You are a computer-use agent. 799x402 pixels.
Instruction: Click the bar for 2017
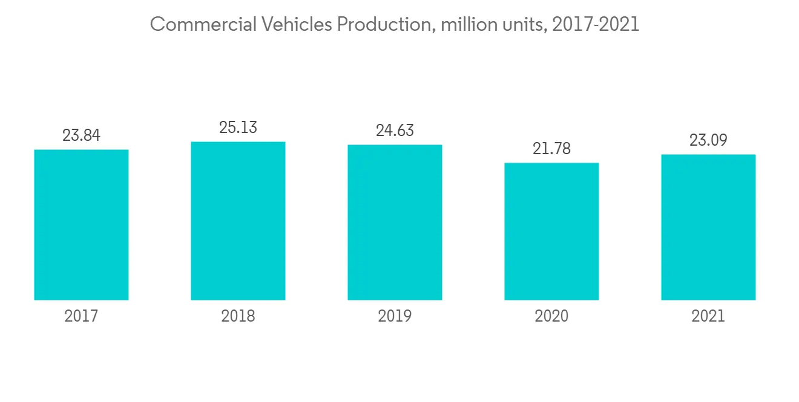click(81, 224)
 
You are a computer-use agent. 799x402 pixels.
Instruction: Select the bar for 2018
click(238, 221)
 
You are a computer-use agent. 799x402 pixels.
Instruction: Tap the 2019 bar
click(395, 222)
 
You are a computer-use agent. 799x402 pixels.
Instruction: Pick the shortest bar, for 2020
click(551, 231)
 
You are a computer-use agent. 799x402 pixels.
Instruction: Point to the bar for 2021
click(708, 227)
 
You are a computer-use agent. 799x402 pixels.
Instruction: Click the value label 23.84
click(81, 135)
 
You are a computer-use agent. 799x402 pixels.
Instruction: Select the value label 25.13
click(238, 128)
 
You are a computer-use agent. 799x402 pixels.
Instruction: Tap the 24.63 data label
click(395, 131)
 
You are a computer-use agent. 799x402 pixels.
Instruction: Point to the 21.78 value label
click(551, 149)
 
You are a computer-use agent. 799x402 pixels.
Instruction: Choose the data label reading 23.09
click(708, 140)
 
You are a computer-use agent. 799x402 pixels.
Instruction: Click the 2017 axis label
click(81, 316)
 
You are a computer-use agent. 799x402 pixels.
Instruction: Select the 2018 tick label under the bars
click(238, 316)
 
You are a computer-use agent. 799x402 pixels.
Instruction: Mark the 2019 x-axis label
click(395, 316)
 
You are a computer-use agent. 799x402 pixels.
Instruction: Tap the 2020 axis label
click(551, 316)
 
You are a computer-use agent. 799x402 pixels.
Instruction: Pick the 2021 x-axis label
click(708, 316)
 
